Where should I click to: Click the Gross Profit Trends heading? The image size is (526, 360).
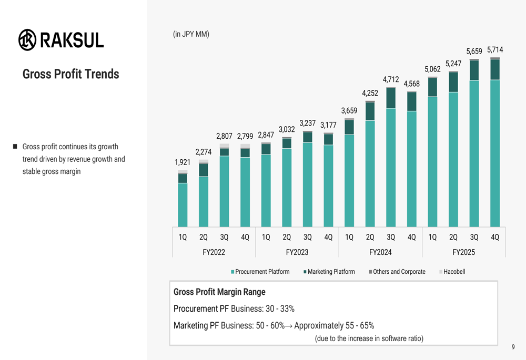pyautogui.click(x=70, y=74)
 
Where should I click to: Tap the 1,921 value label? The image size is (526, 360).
pyautogui.click(x=183, y=162)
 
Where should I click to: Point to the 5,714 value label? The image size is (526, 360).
pyautogui.click(x=494, y=50)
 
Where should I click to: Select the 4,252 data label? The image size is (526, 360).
pyautogui.click(x=370, y=93)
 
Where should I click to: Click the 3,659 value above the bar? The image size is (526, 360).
pyautogui.click(x=349, y=111)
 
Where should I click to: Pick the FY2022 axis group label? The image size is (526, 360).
pyautogui.click(x=214, y=252)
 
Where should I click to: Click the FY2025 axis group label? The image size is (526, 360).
pyautogui.click(x=463, y=252)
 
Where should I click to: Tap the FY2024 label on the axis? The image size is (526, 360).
pyautogui.click(x=380, y=252)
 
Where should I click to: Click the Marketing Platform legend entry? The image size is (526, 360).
pyautogui.click(x=331, y=272)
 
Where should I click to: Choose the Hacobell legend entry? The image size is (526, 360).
pyautogui.click(x=454, y=272)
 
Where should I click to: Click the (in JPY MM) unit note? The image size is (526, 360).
pyautogui.click(x=191, y=35)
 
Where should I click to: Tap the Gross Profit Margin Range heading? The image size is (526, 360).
pyautogui.click(x=219, y=292)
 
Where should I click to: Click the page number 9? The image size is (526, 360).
pyautogui.click(x=513, y=347)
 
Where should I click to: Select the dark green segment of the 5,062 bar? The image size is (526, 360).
pyautogui.click(x=432, y=87)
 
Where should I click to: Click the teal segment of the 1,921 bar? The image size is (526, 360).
pyautogui.click(x=183, y=205)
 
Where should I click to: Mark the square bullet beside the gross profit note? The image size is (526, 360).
pyautogui.click(x=15, y=147)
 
